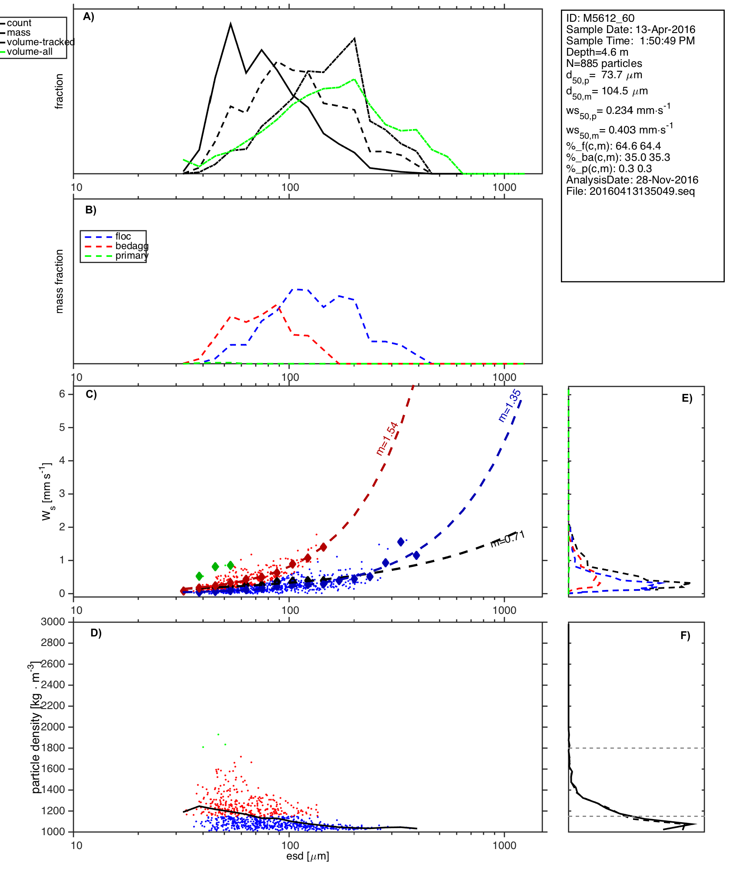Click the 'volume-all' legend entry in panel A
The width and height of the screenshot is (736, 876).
tap(30, 52)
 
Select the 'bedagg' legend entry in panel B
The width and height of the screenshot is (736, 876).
tap(132, 246)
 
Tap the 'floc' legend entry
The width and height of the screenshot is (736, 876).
tap(123, 236)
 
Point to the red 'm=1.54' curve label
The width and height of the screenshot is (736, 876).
tap(387, 439)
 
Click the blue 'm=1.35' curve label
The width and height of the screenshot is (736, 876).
tap(509, 406)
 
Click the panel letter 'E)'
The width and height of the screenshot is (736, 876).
tap(687, 398)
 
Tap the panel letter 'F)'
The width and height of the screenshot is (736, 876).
tap(685, 636)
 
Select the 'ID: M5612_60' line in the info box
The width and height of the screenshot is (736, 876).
tap(600, 18)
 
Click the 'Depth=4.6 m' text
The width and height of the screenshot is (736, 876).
tap(597, 52)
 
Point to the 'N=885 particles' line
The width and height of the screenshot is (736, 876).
tap(604, 63)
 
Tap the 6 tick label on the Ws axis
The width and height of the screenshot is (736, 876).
tap(62, 394)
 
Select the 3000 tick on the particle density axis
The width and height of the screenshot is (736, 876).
tap(53, 622)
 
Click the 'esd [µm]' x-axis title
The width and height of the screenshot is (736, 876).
tap(308, 856)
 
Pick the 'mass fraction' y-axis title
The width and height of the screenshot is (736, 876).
tap(60, 281)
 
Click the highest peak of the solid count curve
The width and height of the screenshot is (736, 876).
tap(231, 24)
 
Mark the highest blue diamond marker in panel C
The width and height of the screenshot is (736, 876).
tap(401, 541)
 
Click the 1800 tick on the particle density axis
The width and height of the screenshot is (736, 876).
tap(53, 748)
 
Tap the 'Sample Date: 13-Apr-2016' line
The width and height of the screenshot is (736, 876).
tap(630, 30)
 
